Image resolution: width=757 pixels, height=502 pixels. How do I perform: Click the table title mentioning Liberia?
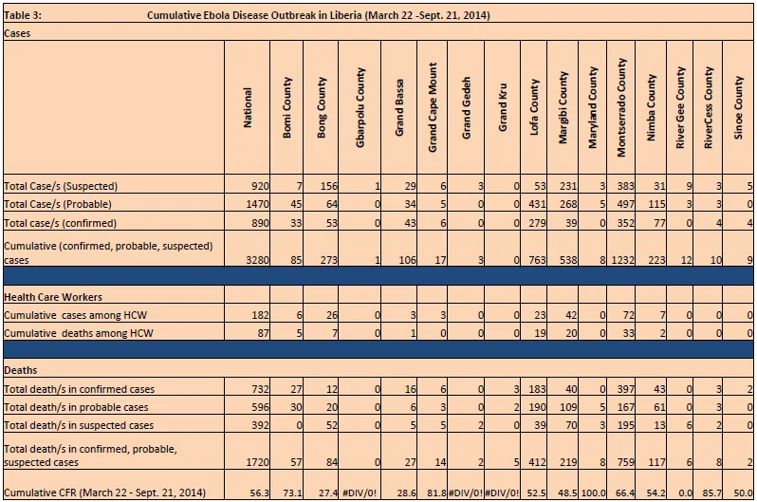point(318,15)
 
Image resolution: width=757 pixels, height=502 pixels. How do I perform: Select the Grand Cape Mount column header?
point(432,107)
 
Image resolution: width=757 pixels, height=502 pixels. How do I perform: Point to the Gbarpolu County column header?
point(360,107)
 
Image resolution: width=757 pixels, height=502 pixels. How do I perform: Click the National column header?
point(248,107)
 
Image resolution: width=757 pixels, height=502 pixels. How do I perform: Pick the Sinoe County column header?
point(738,107)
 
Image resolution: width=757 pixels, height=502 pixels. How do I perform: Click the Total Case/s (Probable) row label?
point(58,204)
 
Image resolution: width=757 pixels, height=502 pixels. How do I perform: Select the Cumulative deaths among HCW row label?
point(78,333)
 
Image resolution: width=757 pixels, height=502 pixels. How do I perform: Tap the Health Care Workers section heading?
point(53,297)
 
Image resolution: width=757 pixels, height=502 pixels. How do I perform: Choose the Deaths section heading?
point(20,370)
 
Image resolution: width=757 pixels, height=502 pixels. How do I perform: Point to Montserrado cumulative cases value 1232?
point(622,260)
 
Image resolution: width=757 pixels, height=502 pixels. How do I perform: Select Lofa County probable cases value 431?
point(537,204)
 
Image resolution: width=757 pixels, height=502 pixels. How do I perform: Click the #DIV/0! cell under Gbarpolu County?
point(360,493)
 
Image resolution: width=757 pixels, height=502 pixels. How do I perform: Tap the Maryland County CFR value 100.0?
point(593,493)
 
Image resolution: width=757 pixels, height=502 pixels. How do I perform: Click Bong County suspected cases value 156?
point(328,186)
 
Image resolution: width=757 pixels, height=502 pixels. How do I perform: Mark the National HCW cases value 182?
point(260,315)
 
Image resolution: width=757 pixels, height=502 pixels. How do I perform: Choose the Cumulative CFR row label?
point(104,493)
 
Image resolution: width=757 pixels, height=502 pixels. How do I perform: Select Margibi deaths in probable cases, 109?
point(567,407)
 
